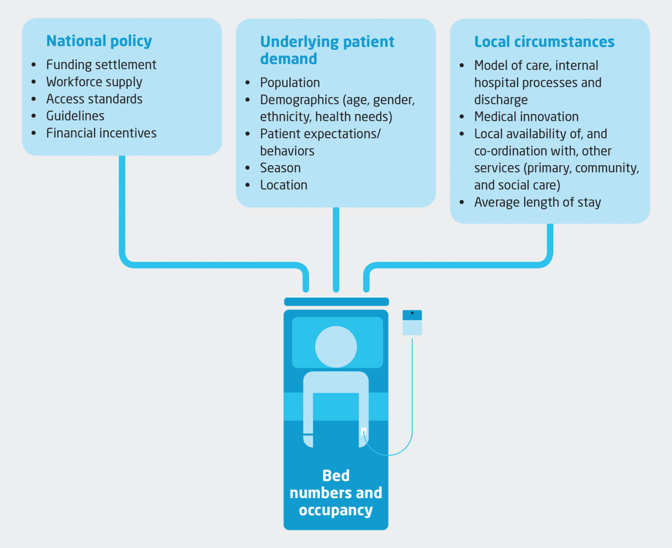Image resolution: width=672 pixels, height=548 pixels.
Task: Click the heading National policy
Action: pos(99,41)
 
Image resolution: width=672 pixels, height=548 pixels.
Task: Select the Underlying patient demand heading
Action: pos(327,50)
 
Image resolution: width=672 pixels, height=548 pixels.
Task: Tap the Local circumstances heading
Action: pos(544,41)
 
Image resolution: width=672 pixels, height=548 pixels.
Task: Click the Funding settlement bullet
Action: pos(101,65)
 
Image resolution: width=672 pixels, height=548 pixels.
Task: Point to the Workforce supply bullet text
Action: pos(94,82)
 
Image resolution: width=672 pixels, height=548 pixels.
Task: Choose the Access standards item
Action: pos(94,99)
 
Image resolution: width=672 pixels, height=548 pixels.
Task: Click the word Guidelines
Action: pos(75,116)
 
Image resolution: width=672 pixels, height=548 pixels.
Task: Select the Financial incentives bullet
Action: pos(101,133)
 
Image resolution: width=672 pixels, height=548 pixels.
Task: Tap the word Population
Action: pos(290,83)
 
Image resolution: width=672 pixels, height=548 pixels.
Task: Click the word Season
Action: pos(280,168)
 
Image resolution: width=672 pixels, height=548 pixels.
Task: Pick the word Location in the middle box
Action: pos(283,185)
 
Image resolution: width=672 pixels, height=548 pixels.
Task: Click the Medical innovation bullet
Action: pos(526,116)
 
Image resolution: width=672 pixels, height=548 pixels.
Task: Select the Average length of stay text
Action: pos(537,202)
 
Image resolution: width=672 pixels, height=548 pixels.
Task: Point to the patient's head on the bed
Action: pos(336,346)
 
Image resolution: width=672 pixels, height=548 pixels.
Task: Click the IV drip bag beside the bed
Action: pos(412,323)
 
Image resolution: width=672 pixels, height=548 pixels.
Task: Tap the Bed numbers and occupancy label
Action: pos(336,493)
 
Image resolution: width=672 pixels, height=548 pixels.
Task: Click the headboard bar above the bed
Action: pos(336,302)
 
